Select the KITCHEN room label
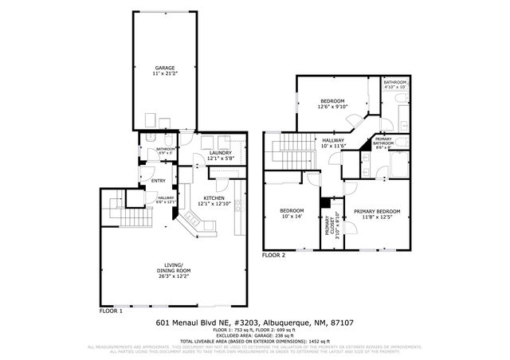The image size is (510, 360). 214,198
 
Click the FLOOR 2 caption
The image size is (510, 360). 273,256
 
